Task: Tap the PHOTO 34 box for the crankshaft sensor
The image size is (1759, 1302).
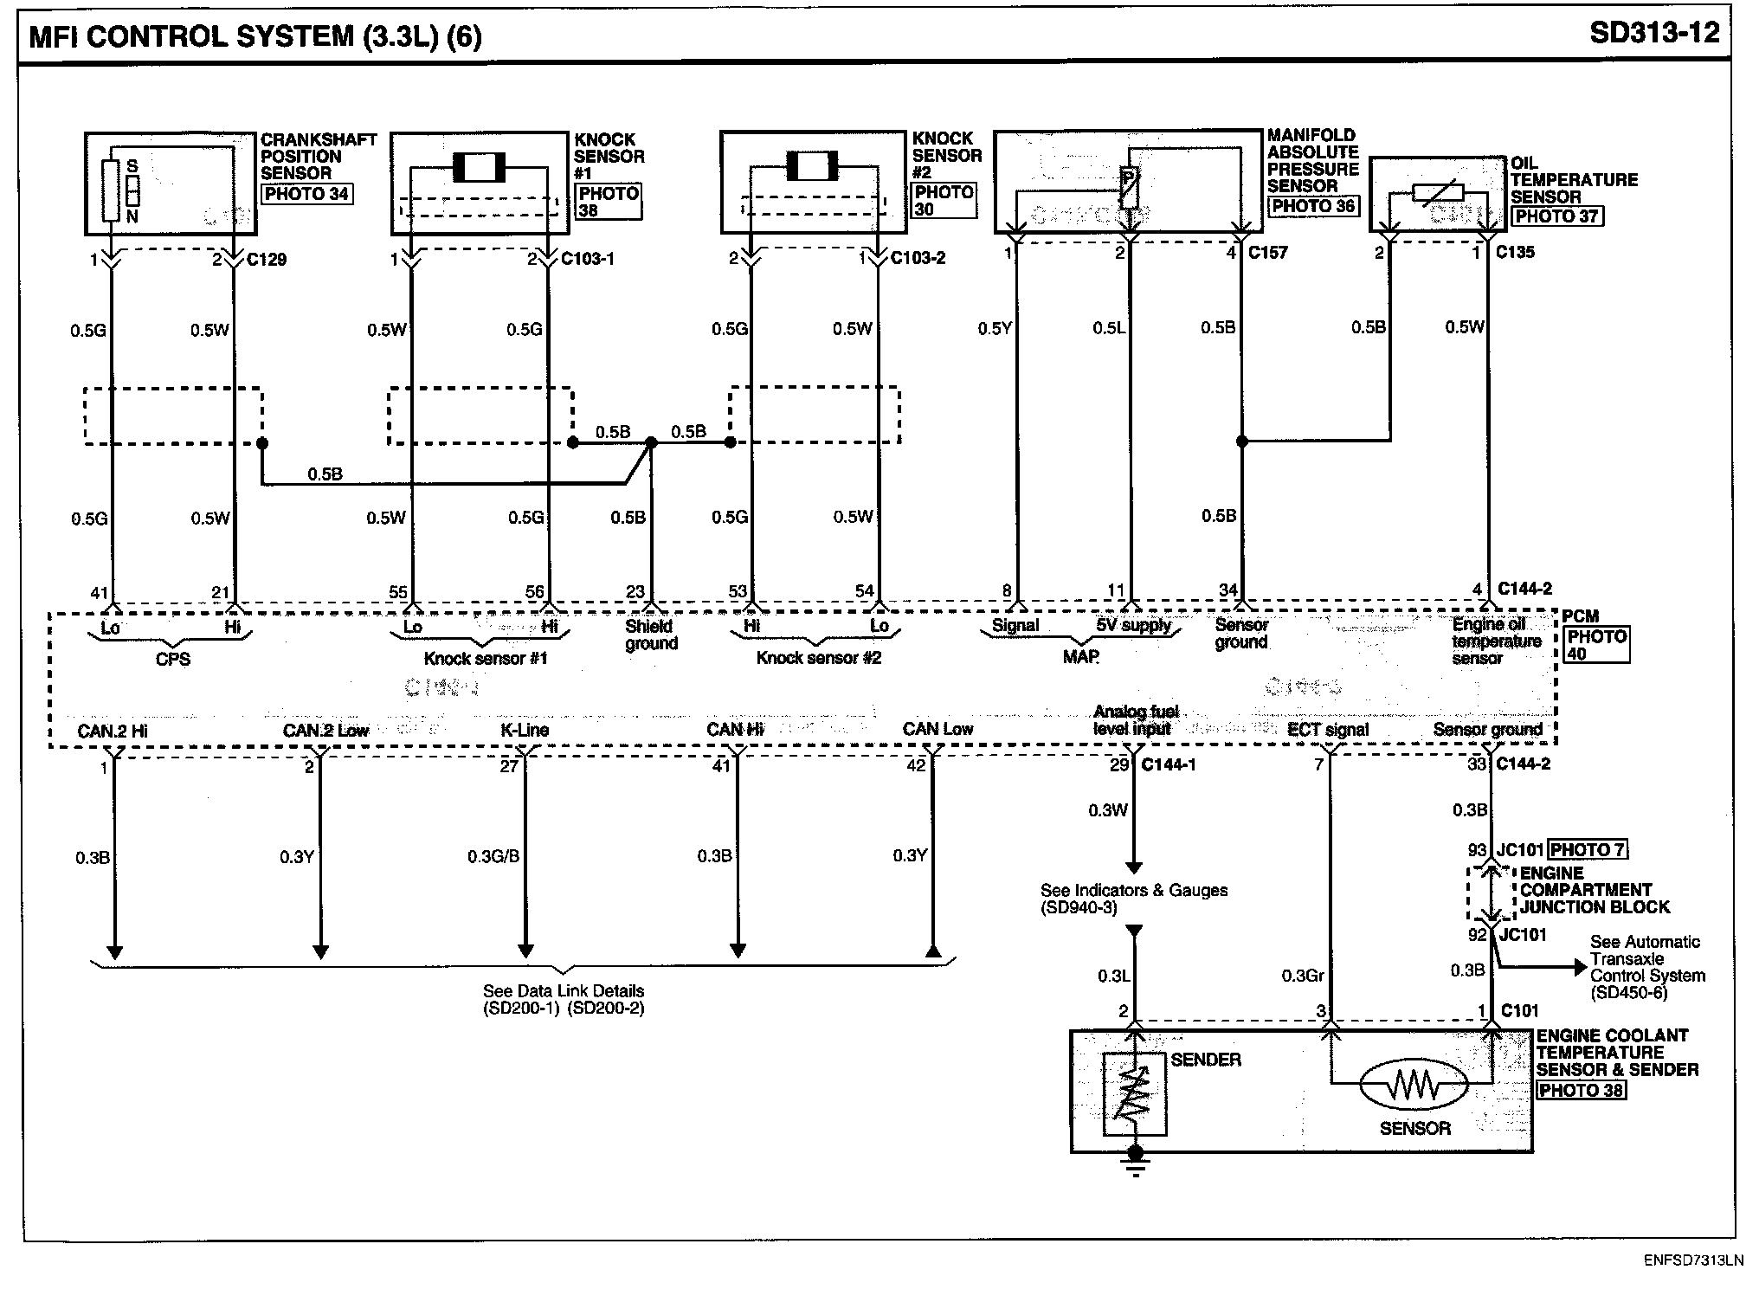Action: coord(306,194)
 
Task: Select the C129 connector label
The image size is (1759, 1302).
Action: coord(267,259)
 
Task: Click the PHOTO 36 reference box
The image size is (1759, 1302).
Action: coord(1312,206)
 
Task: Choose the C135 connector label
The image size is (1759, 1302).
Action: coord(1515,252)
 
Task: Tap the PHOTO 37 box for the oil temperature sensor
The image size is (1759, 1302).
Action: coord(1556,216)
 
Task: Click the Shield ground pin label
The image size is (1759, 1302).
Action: coord(650,635)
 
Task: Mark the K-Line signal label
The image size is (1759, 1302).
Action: coord(525,730)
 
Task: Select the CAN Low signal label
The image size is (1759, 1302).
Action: coord(937,729)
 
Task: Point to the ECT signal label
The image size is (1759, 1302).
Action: coord(1328,730)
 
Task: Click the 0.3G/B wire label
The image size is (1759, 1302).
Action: coord(493,856)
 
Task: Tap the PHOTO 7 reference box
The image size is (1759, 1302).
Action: coord(1588,850)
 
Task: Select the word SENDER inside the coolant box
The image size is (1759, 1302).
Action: coord(1205,1060)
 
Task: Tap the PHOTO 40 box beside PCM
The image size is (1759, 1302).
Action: coord(1596,645)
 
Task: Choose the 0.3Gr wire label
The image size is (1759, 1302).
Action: coord(1303,976)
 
